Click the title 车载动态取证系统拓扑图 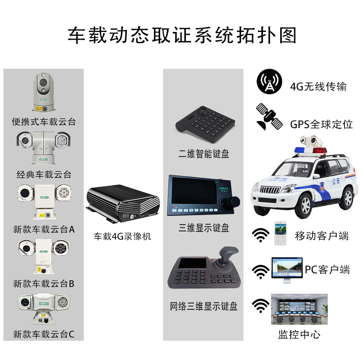point(181,36)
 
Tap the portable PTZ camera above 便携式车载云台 point(44,92)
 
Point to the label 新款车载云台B point(44,284)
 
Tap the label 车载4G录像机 point(122,237)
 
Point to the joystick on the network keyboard point(228,256)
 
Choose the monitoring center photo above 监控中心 point(299,309)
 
